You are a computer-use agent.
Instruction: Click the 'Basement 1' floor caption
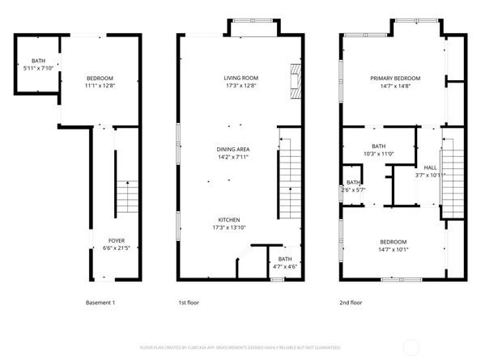click(x=100, y=303)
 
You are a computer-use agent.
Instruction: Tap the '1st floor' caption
click(x=188, y=303)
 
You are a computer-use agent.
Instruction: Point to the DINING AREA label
click(x=232, y=150)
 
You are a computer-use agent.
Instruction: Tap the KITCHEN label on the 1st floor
click(x=228, y=220)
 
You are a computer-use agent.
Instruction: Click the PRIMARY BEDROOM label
click(x=395, y=78)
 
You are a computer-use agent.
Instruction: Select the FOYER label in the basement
click(x=117, y=240)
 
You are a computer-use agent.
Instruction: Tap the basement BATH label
click(x=38, y=61)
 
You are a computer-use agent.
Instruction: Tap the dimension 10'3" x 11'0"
click(x=377, y=153)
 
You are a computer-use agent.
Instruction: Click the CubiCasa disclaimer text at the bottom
click(x=240, y=347)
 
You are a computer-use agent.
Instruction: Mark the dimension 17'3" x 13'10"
click(x=228, y=227)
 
